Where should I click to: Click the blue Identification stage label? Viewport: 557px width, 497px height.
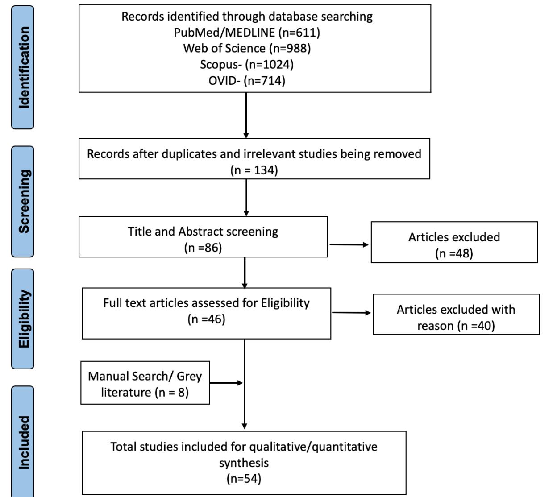(22, 67)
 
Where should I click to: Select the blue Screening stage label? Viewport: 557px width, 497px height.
(22, 201)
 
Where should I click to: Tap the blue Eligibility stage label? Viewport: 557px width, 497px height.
(22, 319)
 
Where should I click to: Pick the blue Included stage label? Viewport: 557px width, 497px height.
(22, 442)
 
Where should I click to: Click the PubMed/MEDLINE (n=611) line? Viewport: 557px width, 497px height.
(247, 32)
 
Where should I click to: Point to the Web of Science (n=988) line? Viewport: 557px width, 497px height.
(247, 48)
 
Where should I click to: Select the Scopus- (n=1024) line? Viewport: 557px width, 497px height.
(247, 64)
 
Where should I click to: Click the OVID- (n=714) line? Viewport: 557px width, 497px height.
(247, 80)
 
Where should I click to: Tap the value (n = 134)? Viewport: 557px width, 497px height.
(254, 170)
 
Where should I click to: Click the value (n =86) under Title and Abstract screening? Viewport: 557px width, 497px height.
(203, 248)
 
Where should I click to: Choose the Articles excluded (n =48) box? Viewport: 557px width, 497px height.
(454, 242)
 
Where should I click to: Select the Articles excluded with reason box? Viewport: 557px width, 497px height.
(456, 315)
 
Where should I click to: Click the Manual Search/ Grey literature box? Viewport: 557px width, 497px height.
(145, 383)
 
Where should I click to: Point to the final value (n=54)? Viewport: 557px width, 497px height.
(244, 479)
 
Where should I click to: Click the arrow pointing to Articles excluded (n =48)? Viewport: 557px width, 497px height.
(349, 244)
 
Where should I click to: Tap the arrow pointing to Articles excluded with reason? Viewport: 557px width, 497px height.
(351, 313)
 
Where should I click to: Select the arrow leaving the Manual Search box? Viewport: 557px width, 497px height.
(226, 383)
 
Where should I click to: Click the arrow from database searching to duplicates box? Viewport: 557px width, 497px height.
(246, 115)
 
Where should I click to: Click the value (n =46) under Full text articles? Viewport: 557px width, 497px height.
(206, 319)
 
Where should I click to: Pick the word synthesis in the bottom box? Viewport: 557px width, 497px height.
(244, 463)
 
